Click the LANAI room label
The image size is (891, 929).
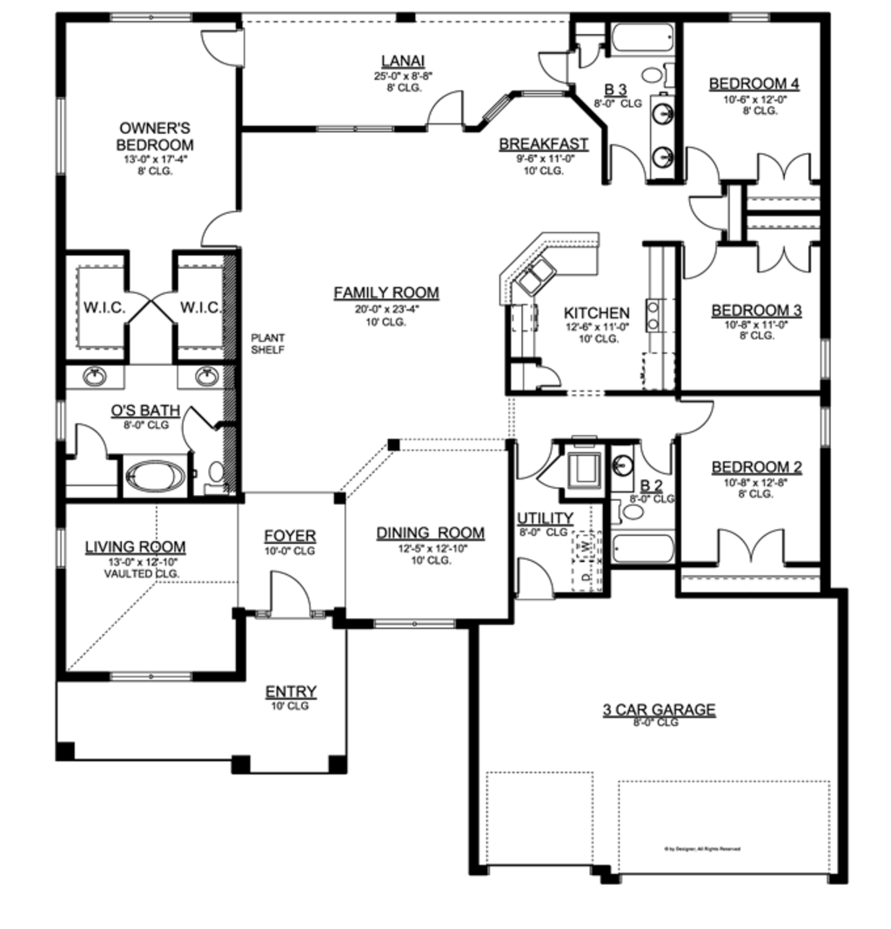click(403, 61)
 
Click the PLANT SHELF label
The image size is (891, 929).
click(268, 344)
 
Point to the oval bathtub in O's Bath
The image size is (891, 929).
click(155, 478)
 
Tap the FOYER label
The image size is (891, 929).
click(290, 536)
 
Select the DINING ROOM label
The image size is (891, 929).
click(430, 533)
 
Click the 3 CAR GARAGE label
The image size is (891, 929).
click(659, 710)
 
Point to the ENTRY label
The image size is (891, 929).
click(291, 692)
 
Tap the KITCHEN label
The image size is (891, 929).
click(596, 313)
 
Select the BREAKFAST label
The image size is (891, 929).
click(543, 144)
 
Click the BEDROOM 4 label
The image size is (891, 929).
click(754, 84)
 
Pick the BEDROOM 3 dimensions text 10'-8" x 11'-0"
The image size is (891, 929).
click(755, 324)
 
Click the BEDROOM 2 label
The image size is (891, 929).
click(756, 468)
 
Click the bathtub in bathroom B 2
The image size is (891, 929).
click(642, 548)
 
